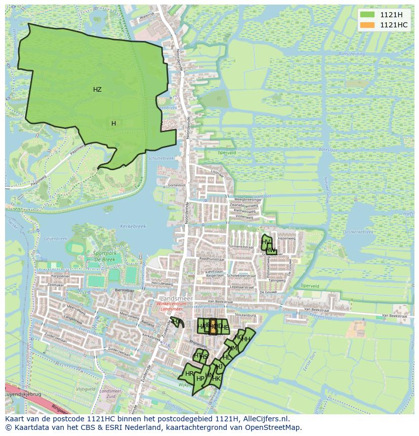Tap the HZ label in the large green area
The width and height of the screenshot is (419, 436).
click(x=97, y=90)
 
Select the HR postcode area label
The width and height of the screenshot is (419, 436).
click(x=189, y=374)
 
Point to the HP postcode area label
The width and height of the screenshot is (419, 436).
click(x=200, y=378)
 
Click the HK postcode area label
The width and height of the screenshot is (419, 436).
click(x=216, y=378)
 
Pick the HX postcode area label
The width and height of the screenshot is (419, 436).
click(x=177, y=321)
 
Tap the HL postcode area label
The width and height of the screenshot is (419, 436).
click(x=227, y=357)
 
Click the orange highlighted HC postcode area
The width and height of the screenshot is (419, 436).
click(x=213, y=327)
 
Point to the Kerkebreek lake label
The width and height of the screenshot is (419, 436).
click(x=133, y=226)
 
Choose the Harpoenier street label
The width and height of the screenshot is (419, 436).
click(x=60, y=276)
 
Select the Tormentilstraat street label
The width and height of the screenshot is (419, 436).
click(x=240, y=247)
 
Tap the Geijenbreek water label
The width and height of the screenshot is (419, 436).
click(x=56, y=238)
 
